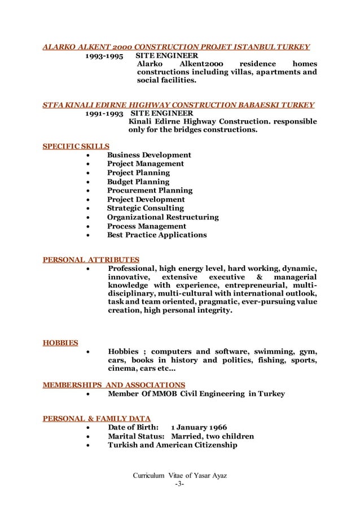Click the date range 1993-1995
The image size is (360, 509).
[104, 56]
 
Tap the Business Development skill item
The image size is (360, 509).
[149, 155]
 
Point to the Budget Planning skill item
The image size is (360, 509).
[138, 182]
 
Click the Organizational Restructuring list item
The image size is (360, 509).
[163, 217]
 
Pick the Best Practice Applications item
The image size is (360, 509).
[157, 235]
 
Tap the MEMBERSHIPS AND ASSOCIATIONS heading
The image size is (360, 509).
[114, 385]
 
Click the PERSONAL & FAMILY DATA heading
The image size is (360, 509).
[96, 418]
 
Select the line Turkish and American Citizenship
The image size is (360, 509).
[172, 445]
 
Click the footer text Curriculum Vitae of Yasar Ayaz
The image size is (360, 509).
[179, 476]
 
